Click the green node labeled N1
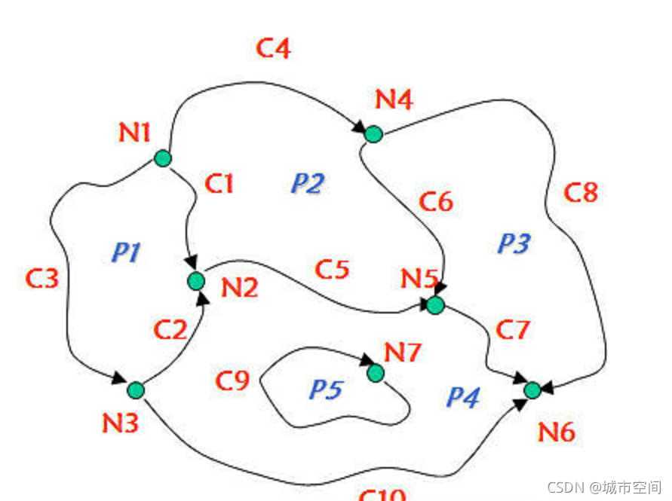click(x=163, y=158)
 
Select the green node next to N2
click(x=196, y=281)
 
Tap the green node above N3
click(x=136, y=390)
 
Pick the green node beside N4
click(x=373, y=134)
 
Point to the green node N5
click(x=435, y=305)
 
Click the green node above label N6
click(x=532, y=389)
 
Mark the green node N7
click(x=376, y=373)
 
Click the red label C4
click(x=273, y=49)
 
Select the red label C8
click(x=581, y=193)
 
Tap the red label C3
click(x=41, y=278)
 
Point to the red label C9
click(x=232, y=381)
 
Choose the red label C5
click(x=332, y=269)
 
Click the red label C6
click(x=436, y=202)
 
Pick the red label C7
click(x=513, y=330)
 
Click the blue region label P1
click(x=126, y=252)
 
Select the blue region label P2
click(x=307, y=183)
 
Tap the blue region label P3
click(x=514, y=243)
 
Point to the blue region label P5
click(x=326, y=389)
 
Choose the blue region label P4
click(x=463, y=397)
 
